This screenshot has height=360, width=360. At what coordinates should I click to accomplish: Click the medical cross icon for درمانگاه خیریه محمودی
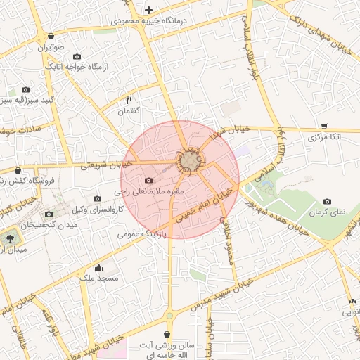[x=148, y=10]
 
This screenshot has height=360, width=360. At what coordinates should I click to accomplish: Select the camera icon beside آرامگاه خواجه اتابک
[x=77, y=56]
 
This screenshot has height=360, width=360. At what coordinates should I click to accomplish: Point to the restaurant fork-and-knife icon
[x=129, y=100]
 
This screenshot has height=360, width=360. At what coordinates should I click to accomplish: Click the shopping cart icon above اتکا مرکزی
[x=324, y=127]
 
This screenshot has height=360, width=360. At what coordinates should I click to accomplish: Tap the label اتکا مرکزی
[x=324, y=138]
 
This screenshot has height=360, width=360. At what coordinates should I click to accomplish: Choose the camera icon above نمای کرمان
[x=328, y=202]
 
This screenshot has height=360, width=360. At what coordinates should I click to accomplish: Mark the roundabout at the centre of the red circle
[x=188, y=163]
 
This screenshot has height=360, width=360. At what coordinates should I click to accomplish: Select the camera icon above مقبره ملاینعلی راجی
[x=148, y=181]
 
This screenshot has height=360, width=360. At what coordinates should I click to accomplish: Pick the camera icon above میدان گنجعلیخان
[x=49, y=214]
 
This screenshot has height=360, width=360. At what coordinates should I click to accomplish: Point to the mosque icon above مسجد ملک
[x=98, y=267]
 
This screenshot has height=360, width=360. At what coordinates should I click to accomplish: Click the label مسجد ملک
[x=98, y=278]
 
